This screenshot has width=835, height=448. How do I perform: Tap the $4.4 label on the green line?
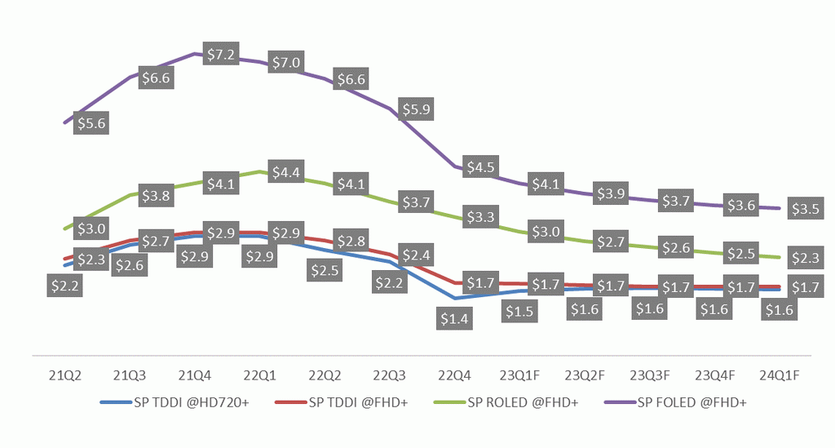(285, 172)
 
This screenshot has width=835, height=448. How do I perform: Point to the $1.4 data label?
(453, 320)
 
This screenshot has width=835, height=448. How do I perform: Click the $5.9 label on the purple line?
(416, 109)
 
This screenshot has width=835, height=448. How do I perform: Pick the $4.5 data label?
(481, 167)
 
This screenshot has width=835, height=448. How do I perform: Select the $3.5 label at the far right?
(804, 209)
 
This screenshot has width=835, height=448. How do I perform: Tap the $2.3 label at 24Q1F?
(804, 259)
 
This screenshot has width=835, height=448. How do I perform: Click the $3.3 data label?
(481, 217)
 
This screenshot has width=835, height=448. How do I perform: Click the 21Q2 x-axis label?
(64, 376)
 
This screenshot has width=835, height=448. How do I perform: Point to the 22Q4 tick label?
(454, 376)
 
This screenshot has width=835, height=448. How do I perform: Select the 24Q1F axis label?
(780, 376)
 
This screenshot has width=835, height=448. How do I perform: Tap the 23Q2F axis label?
(585, 376)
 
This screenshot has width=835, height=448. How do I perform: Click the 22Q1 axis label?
(259, 376)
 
